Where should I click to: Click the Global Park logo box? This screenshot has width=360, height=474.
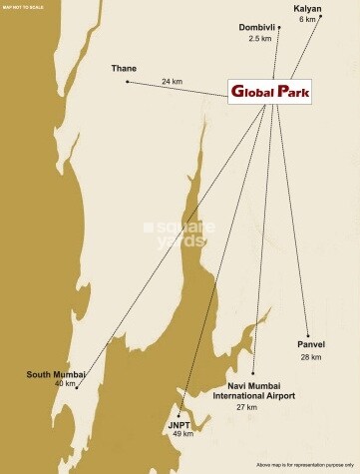tap(270, 93)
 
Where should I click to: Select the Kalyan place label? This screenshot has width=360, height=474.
tap(306, 8)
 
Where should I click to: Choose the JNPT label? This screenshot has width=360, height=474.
tap(180, 424)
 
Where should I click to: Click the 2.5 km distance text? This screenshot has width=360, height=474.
tap(260, 38)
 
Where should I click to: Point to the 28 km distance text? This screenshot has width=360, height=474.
tap(311, 356)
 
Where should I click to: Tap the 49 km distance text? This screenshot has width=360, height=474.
tap(181, 434)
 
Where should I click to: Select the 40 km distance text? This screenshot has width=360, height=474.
tap(65, 383)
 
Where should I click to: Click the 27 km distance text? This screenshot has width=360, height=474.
tap(247, 407)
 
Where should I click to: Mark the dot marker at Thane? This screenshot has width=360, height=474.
tap(128, 81)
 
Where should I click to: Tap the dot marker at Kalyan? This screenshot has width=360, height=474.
tap(322, 18)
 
